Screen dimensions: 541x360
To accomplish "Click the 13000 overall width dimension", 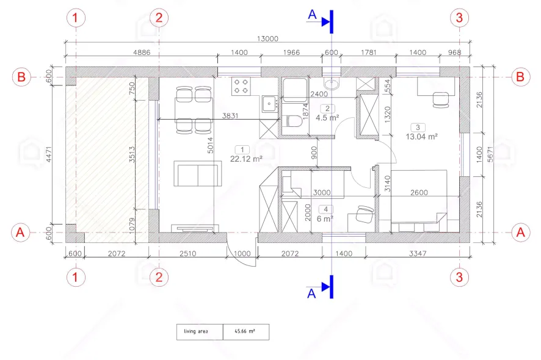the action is pos(267,38).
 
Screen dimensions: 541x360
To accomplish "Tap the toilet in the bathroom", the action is pos(293,121).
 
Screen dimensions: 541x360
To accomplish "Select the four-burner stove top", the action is pos(241,86).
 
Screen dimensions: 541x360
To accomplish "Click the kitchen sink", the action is pos(269,104).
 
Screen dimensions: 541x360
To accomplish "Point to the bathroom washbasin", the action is pos(332,83).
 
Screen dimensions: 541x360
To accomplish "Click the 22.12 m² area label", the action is pos(246,159).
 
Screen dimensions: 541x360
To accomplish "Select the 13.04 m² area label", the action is pos(421,137).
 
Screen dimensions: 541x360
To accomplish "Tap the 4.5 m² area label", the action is pos(327,118).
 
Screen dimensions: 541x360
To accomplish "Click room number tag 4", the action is pos(325,209).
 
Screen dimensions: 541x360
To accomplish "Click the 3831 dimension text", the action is pos(230,115).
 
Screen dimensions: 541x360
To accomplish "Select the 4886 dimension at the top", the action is pos(142,52).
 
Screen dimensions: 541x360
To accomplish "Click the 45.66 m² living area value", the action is pos(245,331).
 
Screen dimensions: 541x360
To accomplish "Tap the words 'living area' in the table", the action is pos(195,331).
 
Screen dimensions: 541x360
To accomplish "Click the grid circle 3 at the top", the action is pos(459,18).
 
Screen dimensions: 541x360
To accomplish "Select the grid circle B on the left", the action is pos(21,77).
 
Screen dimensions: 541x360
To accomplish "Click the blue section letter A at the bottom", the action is pos(311,293).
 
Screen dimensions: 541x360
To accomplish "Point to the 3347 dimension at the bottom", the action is pos(418,254).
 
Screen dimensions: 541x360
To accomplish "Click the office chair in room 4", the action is pos(365,214).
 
